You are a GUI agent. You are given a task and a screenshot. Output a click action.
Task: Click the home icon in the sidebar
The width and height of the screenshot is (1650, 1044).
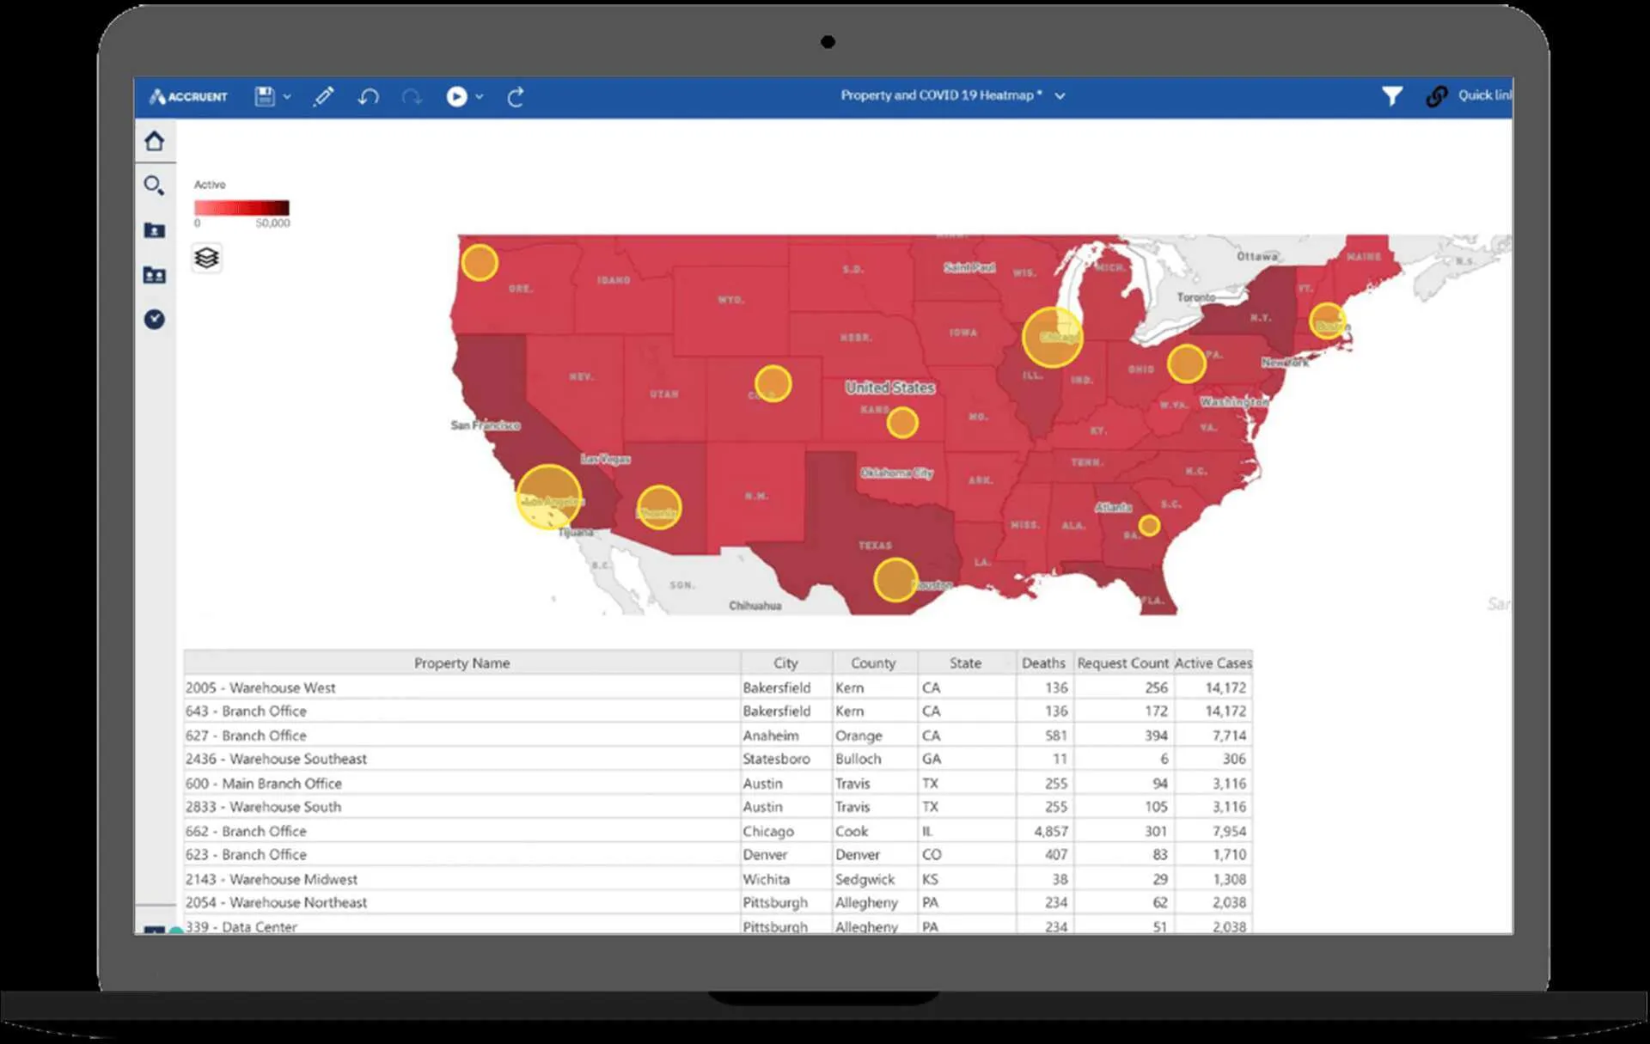click(x=155, y=141)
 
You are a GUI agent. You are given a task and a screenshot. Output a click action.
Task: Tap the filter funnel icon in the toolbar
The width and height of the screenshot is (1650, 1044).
click(x=1391, y=96)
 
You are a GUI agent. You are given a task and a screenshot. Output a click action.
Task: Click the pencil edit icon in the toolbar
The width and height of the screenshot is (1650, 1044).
click(x=323, y=97)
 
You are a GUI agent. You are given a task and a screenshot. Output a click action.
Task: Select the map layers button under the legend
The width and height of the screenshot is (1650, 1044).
click(x=206, y=258)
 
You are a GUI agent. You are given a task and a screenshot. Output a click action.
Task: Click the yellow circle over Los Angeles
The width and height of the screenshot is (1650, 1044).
click(x=548, y=497)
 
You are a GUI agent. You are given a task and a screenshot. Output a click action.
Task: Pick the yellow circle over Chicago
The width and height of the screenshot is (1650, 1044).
click(x=1052, y=337)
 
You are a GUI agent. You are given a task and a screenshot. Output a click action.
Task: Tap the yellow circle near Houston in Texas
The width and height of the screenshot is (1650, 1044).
click(x=895, y=580)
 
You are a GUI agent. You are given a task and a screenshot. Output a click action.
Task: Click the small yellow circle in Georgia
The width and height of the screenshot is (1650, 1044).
click(x=1149, y=525)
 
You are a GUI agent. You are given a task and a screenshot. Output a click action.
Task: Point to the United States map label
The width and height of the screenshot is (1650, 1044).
click(x=889, y=388)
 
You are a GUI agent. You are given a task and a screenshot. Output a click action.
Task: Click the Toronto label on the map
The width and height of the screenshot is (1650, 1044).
click(x=1196, y=297)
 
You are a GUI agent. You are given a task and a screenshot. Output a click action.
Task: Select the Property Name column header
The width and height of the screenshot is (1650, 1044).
click(x=461, y=662)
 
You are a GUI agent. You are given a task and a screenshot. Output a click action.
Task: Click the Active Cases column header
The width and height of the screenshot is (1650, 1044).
click(x=1213, y=662)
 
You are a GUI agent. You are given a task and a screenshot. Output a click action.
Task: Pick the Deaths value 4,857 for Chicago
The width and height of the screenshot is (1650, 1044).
click(x=1050, y=831)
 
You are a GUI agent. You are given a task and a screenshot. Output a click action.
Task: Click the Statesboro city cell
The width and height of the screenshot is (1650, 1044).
click(x=776, y=759)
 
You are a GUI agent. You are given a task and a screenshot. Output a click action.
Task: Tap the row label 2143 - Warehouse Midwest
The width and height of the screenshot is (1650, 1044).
click(x=272, y=879)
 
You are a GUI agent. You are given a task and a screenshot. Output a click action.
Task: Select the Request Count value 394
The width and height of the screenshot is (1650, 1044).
click(x=1155, y=736)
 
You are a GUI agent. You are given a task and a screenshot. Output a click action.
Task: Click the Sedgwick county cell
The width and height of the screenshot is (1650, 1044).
click(x=865, y=879)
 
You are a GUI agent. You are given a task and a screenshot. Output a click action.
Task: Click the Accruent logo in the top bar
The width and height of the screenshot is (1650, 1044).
click(x=189, y=97)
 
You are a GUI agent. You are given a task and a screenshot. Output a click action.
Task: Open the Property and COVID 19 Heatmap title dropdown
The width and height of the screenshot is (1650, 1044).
click(x=1060, y=96)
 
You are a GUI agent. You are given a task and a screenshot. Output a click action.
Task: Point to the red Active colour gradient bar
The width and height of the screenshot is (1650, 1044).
click(x=241, y=208)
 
